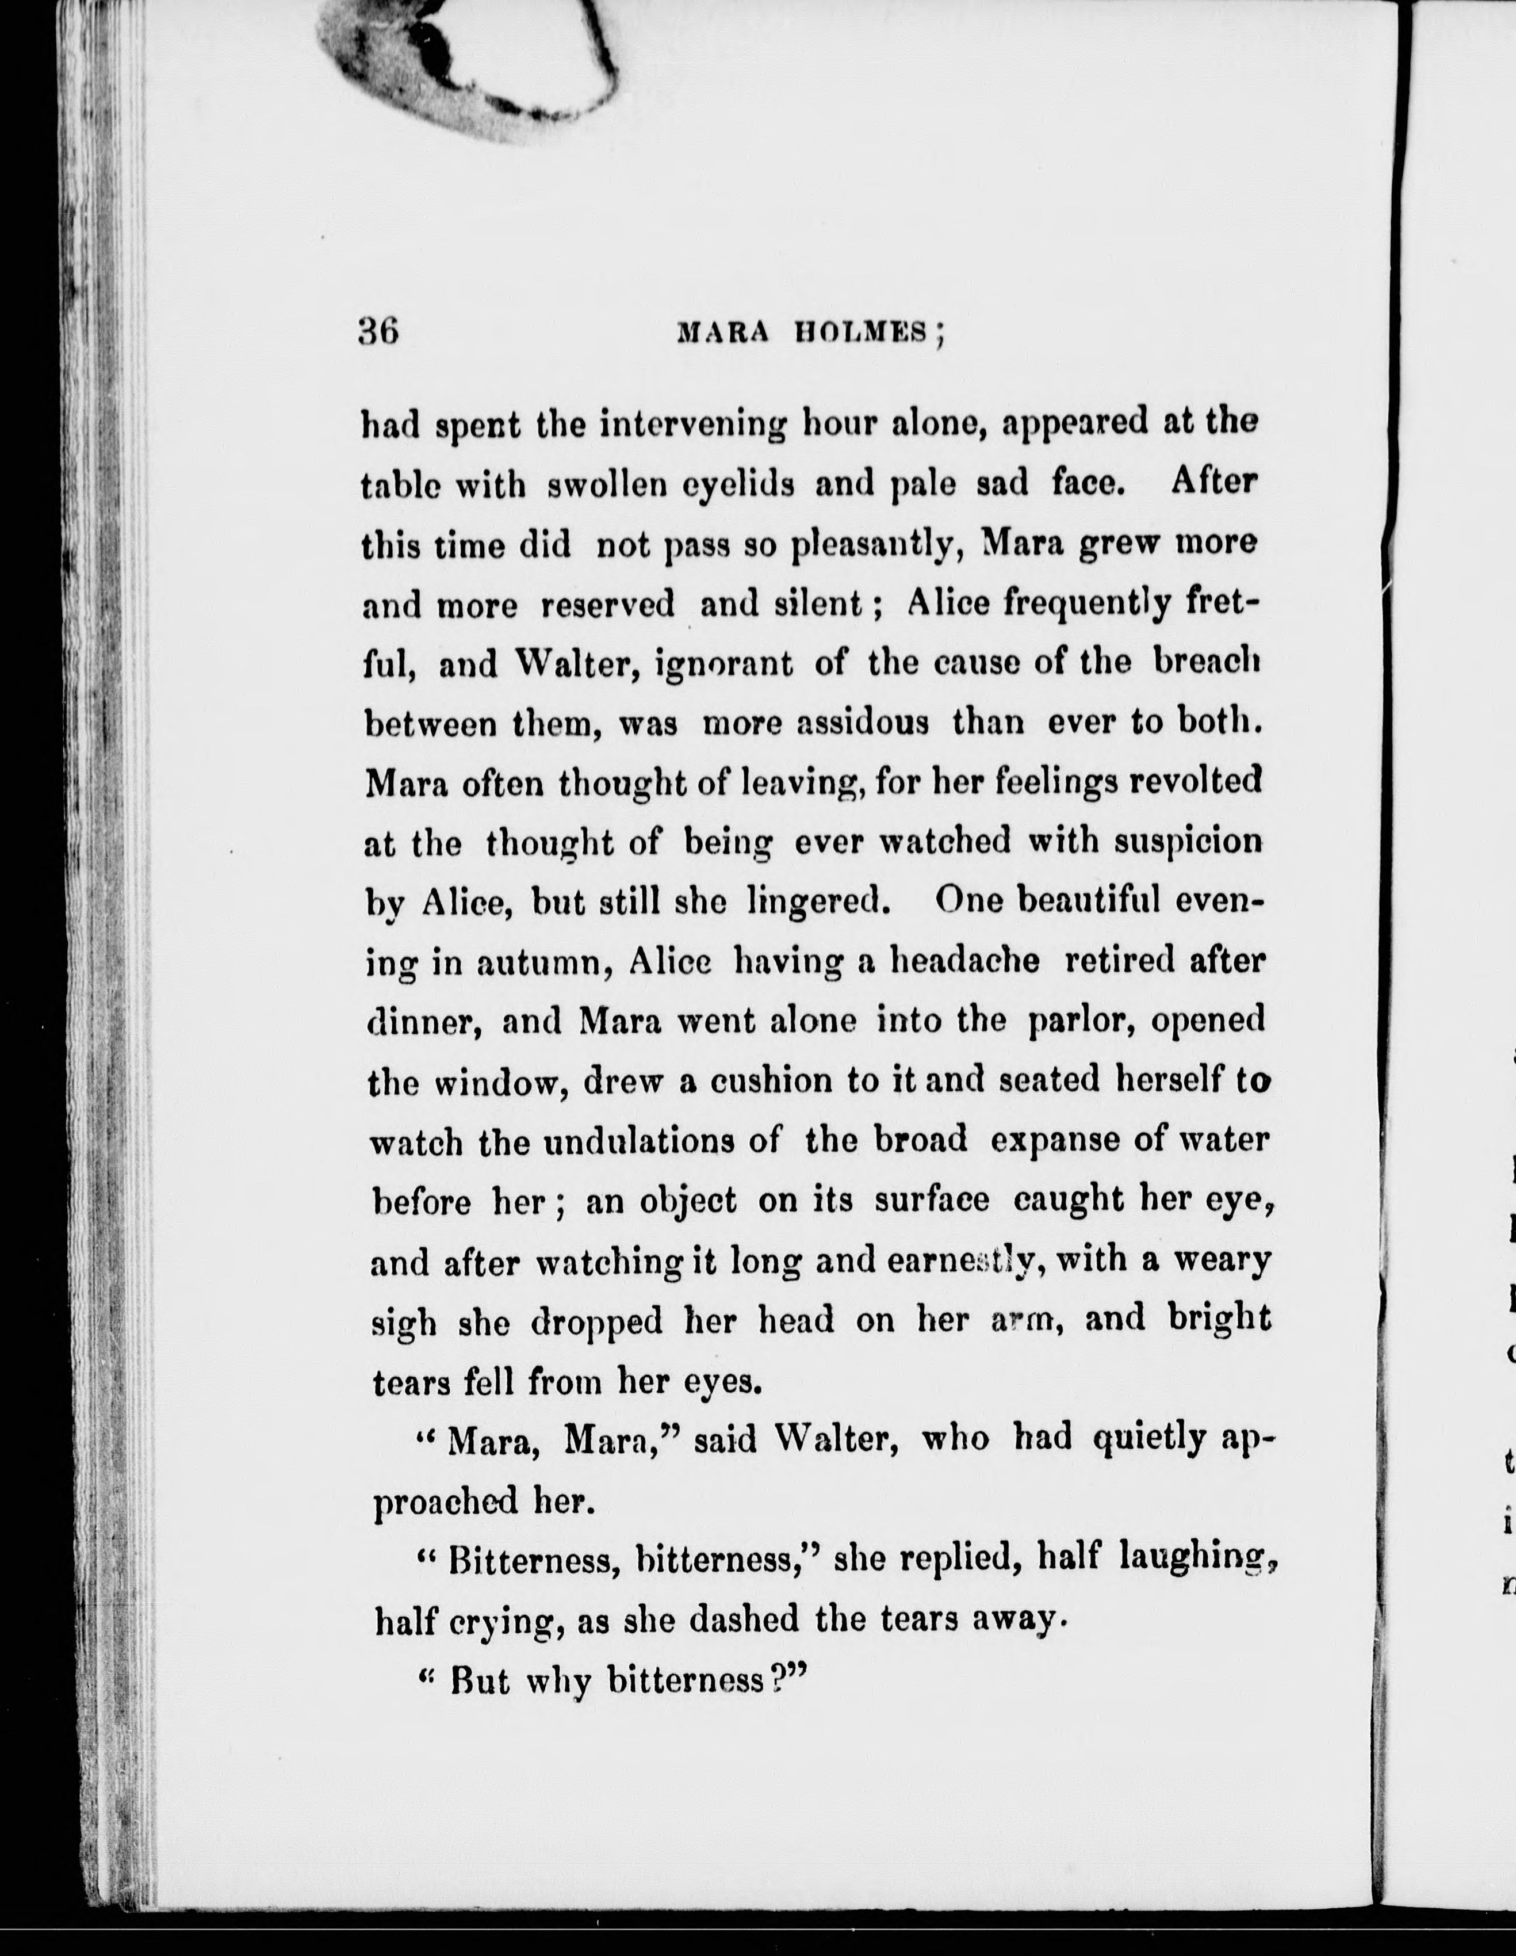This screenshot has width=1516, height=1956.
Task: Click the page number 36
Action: pyautogui.click(x=378, y=333)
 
